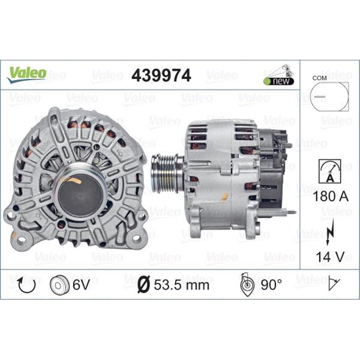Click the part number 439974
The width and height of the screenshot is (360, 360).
coord(161,76)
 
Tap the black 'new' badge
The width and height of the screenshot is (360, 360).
coord(279,81)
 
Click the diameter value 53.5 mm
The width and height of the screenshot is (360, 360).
coord(173,284)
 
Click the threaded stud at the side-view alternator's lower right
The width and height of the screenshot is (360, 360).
coord(292,211)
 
